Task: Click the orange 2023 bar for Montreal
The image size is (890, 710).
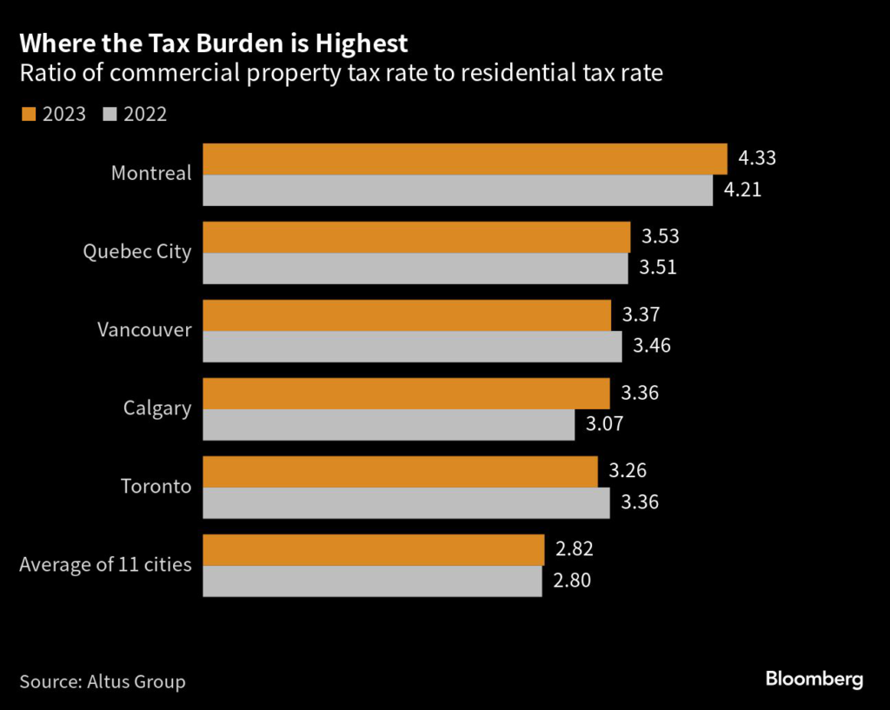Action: pyautogui.click(x=464, y=159)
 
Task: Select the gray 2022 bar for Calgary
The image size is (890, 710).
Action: pyautogui.click(x=389, y=425)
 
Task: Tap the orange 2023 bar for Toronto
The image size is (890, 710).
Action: pyautogui.click(x=400, y=472)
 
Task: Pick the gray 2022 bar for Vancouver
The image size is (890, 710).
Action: pyautogui.click(x=412, y=346)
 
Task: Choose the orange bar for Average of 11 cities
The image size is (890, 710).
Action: pyautogui.click(x=373, y=550)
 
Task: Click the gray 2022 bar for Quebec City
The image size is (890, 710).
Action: pyautogui.click(x=415, y=268)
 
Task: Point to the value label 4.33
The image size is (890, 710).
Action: pyautogui.click(x=756, y=159)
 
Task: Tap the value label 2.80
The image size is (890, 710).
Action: pyautogui.click(x=571, y=581)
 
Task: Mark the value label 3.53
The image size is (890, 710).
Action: pyautogui.click(x=660, y=236)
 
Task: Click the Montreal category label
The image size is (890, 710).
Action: pyautogui.click(x=151, y=173)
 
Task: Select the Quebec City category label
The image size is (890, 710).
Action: pyautogui.click(x=136, y=251)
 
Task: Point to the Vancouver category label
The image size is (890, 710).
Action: pyautogui.click(x=144, y=329)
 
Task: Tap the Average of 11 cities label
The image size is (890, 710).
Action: pyautogui.click(x=105, y=565)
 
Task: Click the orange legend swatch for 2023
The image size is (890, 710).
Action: pyautogui.click(x=26, y=114)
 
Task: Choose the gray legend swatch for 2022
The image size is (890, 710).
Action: pyautogui.click(x=109, y=114)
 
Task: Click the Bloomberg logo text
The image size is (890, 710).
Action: pyautogui.click(x=814, y=680)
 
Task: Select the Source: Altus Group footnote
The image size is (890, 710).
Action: pyautogui.click(x=103, y=681)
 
